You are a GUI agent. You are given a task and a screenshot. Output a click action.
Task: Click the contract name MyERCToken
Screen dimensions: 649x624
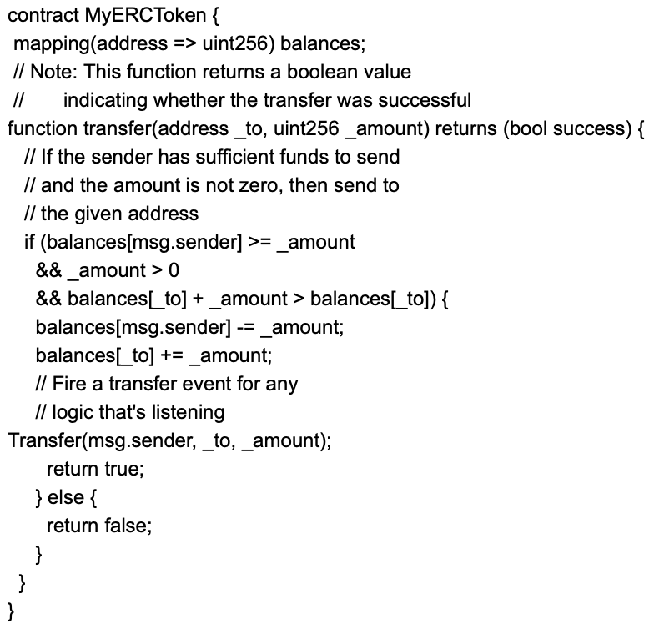145,15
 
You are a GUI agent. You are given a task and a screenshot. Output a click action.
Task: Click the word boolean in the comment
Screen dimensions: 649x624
316,72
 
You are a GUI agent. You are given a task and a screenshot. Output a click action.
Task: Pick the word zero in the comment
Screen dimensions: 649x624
264,185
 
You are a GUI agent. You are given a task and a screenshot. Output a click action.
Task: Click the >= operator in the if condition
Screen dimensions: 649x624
259,242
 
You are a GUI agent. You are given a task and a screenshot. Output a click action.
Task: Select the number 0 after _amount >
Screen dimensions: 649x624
174,270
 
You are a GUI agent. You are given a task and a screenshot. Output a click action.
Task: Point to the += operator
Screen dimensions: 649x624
172,355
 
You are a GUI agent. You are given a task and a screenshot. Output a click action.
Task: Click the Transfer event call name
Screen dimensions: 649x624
45,440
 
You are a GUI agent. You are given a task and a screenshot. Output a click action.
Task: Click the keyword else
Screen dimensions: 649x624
65,497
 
